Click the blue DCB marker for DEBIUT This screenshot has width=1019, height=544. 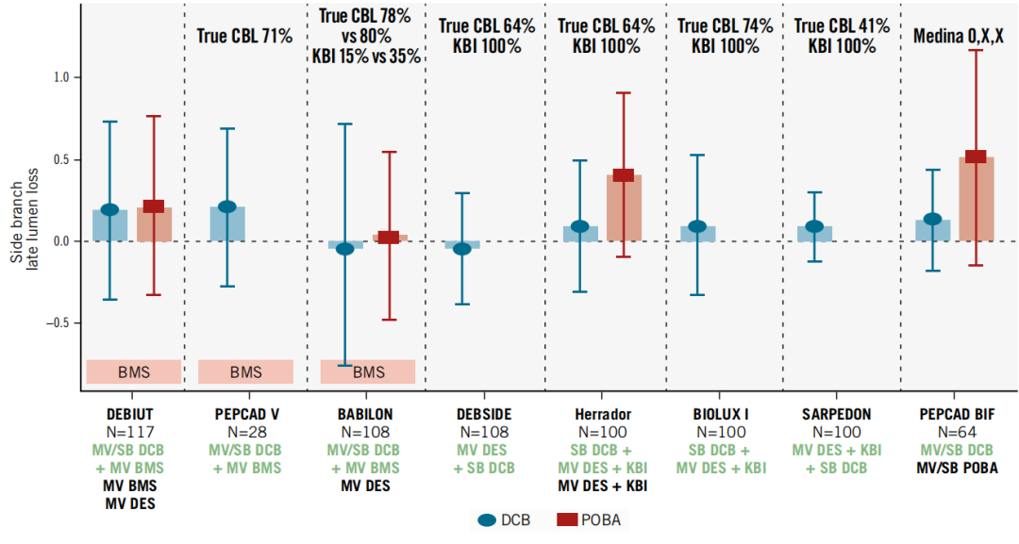(109, 209)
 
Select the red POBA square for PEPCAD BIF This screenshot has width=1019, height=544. (976, 157)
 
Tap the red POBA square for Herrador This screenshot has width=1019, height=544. (623, 174)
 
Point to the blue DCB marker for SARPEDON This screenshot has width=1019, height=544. (814, 227)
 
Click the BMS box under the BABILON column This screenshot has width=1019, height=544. (368, 371)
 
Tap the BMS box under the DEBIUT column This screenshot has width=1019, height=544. (133, 371)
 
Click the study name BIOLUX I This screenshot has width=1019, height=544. (722, 414)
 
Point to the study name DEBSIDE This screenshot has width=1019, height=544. (485, 414)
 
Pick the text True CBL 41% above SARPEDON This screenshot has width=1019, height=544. (842, 26)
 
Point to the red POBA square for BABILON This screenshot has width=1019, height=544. (388, 238)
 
